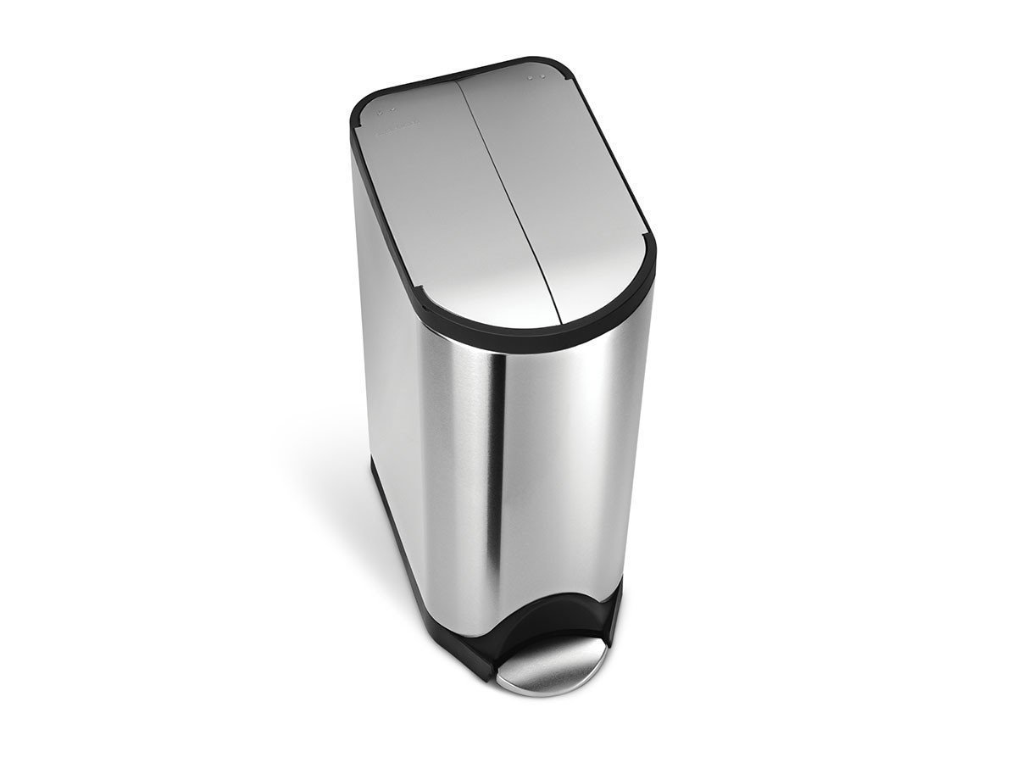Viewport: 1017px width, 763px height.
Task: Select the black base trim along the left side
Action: point(398,551)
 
